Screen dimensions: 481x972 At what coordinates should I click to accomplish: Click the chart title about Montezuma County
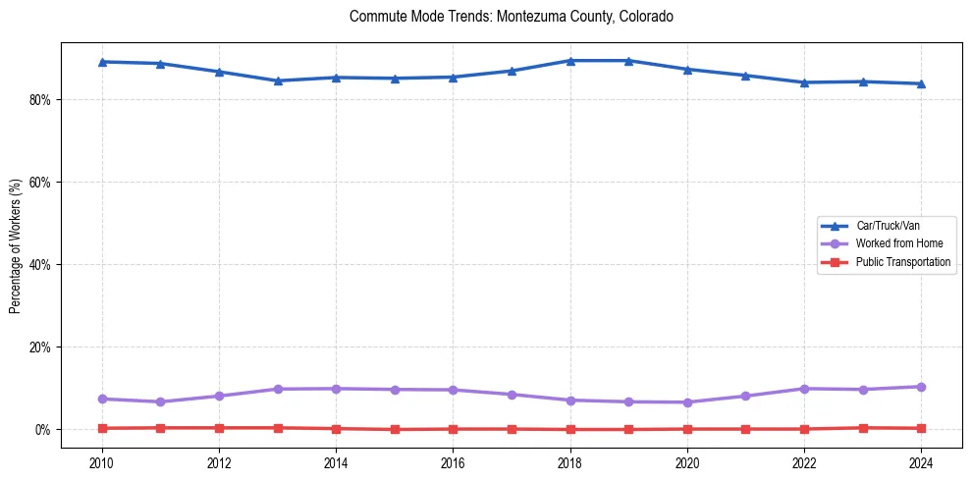click(x=511, y=17)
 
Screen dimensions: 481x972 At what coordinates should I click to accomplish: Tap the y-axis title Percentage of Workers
click(x=16, y=245)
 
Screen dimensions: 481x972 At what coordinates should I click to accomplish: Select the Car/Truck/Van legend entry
click(x=888, y=226)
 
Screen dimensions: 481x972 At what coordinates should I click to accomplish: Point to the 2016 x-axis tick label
click(x=453, y=461)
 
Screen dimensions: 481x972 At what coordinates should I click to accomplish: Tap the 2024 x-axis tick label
click(x=921, y=461)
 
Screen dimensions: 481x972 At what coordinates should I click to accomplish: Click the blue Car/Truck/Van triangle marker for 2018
click(x=570, y=61)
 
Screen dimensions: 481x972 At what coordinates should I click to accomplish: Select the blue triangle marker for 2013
click(x=278, y=80)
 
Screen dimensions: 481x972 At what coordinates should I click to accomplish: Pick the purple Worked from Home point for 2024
click(x=921, y=387)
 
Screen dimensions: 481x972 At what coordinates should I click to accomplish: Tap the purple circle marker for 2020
click(x=687, y=402)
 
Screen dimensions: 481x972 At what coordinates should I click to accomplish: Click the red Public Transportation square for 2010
click(x=102, y=428)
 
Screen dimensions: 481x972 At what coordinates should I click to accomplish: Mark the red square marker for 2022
click(x=804, y=429)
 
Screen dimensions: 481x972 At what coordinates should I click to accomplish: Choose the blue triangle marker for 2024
click(x=921, y=83)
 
